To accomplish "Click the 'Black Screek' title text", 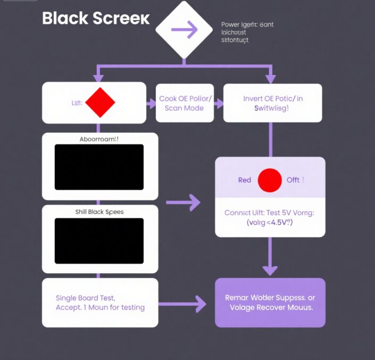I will (96, 18).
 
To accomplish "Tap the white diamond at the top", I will (184, 30).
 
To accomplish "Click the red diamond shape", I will (100, 102).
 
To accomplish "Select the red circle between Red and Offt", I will (270, 180).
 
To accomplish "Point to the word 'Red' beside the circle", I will (245, 180).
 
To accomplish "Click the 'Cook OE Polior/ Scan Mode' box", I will (185, 103).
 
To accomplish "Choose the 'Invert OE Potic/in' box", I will (272, 103).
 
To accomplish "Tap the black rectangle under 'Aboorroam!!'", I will (99, 167).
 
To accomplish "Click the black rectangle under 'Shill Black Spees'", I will (99, 241).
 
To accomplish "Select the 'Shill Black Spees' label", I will (99, 212).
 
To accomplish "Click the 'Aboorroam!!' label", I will (99, 138).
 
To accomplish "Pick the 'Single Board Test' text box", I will (100, 302).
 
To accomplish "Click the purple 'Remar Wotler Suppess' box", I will (270, 302).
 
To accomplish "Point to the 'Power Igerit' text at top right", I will (247, 24).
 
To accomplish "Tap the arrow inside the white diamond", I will (184, 30).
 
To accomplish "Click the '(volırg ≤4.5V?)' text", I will (270, 223).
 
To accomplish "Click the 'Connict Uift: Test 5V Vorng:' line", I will (270, 212).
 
